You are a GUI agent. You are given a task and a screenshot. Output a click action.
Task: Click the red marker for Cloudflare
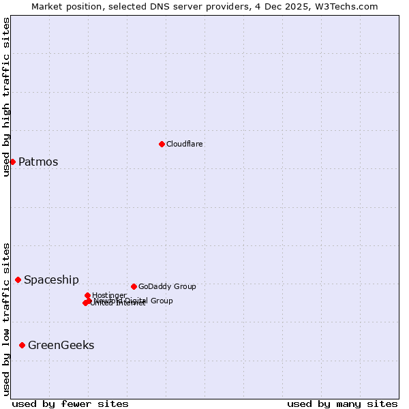click(162, 144)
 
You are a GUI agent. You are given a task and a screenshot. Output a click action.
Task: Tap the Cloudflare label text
click(185, 144)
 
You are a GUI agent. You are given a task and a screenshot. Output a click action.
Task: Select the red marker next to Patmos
click(12, 162)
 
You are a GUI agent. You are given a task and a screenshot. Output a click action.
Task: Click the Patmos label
click(38, 162)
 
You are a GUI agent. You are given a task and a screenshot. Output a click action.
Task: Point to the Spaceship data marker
click(18, 279)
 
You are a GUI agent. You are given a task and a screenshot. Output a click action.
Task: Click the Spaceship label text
click(51, 280)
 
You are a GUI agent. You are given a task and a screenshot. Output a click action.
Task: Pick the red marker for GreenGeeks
click(22, 345)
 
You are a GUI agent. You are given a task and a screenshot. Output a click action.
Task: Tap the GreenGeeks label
click(61, 346)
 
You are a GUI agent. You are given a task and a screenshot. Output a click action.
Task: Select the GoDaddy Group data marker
click(134, 286)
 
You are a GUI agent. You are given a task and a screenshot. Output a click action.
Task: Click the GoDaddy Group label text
click(167, 286)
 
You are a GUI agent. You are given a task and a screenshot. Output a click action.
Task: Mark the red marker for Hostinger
click(87, 295)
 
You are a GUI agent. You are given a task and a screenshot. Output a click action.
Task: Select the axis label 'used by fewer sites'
click(70, 404)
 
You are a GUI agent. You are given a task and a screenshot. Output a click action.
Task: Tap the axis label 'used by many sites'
click(342, 404)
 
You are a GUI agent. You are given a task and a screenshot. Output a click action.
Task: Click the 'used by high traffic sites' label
click(6, 97)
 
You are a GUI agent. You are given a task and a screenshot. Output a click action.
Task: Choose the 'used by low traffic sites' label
click(6, 319)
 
